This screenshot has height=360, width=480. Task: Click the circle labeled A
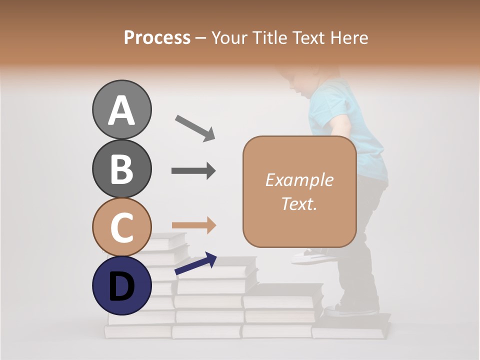(x=121, y=109)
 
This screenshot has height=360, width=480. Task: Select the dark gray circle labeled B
(x=121, y=168)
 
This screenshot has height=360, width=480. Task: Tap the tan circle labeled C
(x=121, y=227)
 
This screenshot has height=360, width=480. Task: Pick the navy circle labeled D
(x=121, y=285)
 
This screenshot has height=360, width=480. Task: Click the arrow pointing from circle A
(x=194, y=127)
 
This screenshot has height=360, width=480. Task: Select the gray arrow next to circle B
(x=193, y=171)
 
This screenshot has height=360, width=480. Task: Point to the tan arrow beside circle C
(x=193, y=225)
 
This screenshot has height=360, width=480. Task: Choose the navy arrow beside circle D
(x=195, y=263)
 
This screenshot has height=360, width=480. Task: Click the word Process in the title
(x=157, y=37)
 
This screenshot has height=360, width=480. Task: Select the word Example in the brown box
(x=299, y=180)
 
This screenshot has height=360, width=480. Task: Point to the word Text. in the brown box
(x=299, y=203)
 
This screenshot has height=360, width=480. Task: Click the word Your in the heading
(x=228, y=37)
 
